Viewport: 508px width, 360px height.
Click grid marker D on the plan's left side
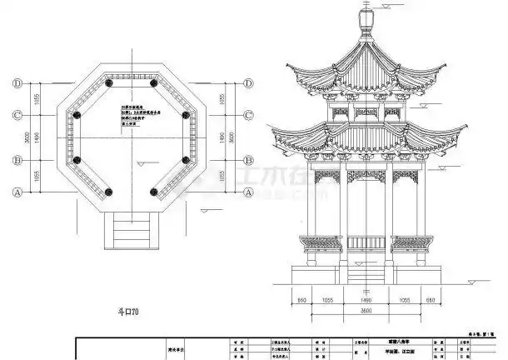17,83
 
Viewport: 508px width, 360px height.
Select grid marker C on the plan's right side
249,114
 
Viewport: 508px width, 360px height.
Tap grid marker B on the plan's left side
17,160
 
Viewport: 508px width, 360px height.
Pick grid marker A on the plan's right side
249,192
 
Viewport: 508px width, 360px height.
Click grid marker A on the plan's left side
17,192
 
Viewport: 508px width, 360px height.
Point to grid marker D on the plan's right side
249,83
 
